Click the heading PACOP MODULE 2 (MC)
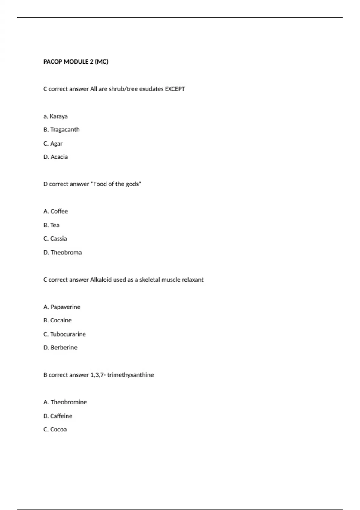76,62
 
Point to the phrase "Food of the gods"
116,184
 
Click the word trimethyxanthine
130,375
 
